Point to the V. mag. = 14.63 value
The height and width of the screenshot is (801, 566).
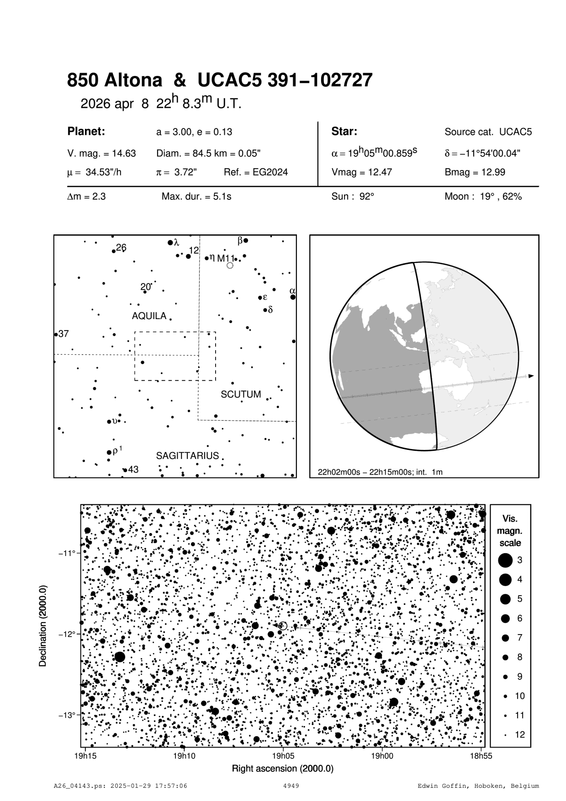(101, 154)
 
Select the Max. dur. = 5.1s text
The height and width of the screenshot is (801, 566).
(196, 197)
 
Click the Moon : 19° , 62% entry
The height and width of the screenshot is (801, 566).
(483, 197)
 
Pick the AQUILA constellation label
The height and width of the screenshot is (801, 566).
(149, 316)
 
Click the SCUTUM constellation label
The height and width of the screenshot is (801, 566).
(241, 394)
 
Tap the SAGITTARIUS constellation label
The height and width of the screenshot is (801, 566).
(187, 456)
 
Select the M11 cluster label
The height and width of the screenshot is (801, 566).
(225, 258)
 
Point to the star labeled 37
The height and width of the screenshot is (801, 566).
(56, 335)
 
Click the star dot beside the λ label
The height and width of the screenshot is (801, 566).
(170, 242)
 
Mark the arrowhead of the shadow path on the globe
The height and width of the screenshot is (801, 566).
(531, 376)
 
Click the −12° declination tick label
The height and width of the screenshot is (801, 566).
(66, 634)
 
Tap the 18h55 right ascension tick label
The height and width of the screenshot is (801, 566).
(481, 756)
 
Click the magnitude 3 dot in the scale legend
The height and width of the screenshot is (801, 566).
(505, 560)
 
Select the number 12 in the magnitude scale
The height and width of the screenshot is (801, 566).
(520, 735)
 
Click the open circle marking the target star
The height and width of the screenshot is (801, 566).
(283, 626)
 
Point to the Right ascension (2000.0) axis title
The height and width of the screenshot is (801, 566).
(283, 768)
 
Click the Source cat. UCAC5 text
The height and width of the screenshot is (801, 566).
(488, 132)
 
